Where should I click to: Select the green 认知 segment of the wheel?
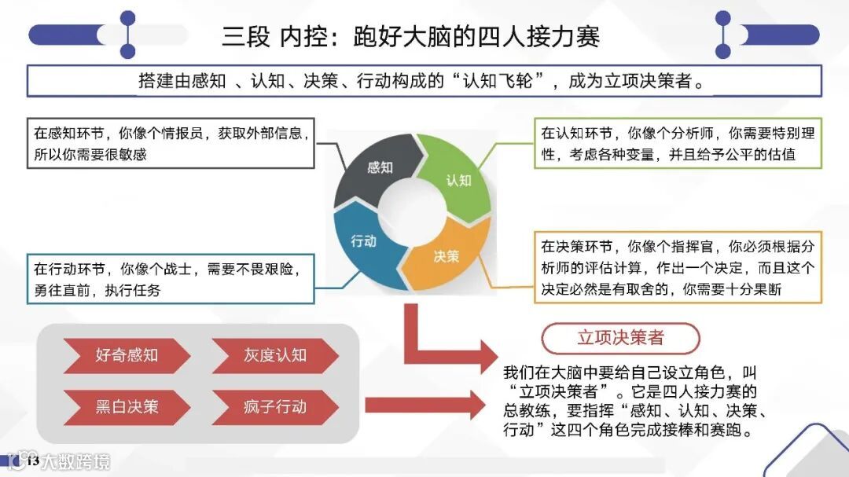[457, 178]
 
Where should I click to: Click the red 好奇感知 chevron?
[127, 355]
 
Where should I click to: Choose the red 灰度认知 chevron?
[274, 355]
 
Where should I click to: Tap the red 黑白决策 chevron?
[127, 407]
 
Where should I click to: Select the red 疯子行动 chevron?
[274, 407]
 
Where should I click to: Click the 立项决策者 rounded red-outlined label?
[620, 338]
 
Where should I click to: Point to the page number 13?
[32, 461]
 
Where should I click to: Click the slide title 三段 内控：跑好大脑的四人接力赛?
[411, 36]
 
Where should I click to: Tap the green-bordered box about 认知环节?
[678, 143]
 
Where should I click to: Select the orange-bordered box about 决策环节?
[678, 267]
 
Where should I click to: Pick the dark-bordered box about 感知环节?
[171, 143]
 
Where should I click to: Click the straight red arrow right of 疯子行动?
[424, 405]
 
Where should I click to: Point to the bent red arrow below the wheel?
[440, 346]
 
